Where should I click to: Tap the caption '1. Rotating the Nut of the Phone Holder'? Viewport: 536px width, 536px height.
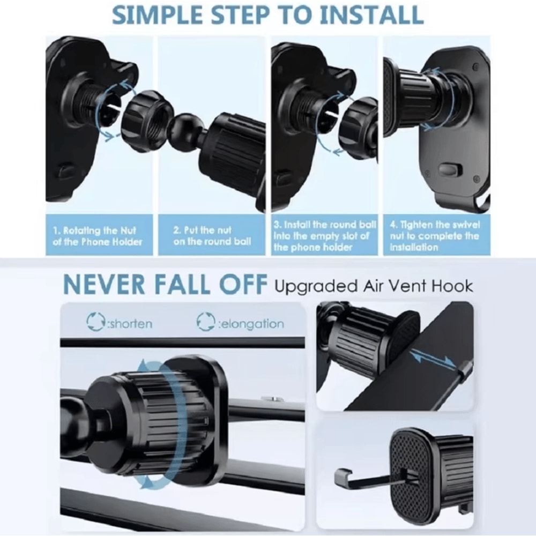98,236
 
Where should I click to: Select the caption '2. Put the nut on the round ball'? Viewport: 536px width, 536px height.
212,235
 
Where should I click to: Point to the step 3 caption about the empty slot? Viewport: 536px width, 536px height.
324,236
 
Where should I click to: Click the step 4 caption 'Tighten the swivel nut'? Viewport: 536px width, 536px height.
435,236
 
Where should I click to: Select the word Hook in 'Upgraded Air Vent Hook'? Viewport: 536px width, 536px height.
452,286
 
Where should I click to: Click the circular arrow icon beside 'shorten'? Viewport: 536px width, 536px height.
95,322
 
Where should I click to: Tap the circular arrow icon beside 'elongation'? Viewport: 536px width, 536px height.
205,322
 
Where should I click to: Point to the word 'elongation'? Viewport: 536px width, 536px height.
251,323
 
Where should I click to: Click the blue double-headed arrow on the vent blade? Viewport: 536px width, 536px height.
433,358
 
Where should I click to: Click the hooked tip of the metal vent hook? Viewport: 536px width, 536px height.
342,474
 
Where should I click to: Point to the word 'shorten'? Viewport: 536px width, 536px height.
130,323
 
